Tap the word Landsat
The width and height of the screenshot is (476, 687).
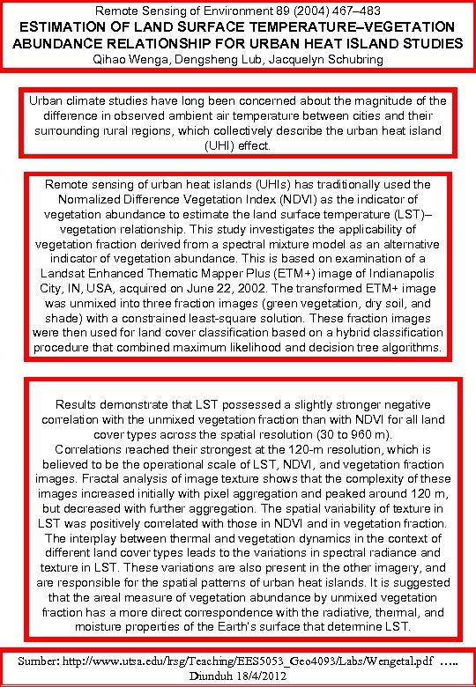[x=65, y=271]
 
